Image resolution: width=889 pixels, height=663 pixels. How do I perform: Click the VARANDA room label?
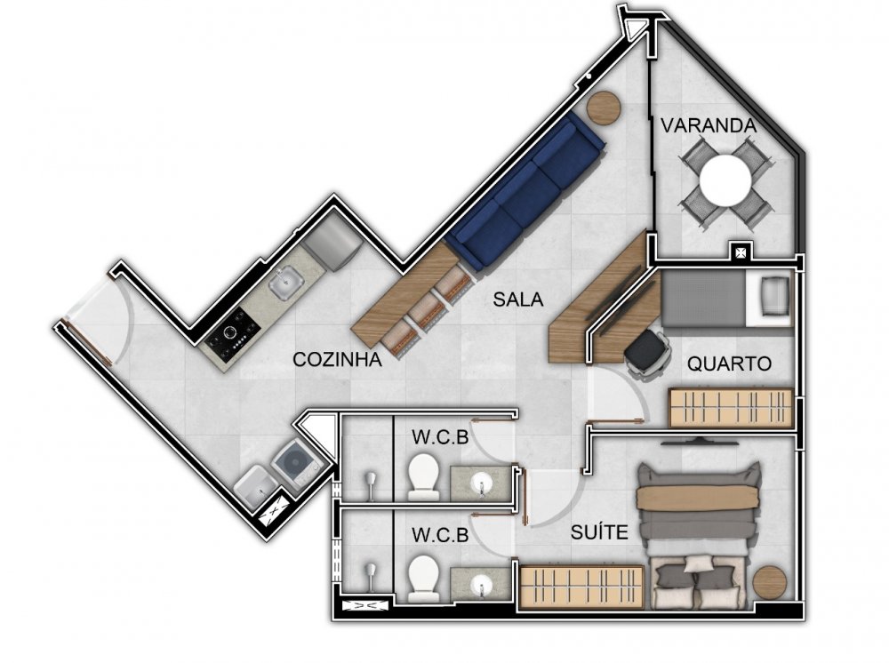click(x=709, y=125)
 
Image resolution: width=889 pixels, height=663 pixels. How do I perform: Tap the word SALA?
click(x=517, y=300)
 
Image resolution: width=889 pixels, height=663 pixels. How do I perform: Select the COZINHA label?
click(x=337, y=359)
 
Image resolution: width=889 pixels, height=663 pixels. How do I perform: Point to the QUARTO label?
click(x=729, y=363)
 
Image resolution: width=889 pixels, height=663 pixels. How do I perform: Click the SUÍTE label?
click(x=599, y=532)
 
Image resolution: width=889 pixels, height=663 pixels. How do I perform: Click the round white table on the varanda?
click(x=725, y=180)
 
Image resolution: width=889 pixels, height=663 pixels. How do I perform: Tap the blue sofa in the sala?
click(x=525, y=191)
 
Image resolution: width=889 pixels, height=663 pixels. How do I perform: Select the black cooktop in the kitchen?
click(x=233, y=335)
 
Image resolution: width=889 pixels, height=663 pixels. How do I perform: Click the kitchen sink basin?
click(x=286, y=283)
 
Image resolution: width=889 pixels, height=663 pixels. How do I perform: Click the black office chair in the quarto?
click(x=647, y=351)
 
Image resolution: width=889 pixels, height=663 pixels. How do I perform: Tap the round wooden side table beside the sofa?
click(x=604, y=108)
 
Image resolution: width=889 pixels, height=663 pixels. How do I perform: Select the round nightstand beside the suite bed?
click(x=770, y=582)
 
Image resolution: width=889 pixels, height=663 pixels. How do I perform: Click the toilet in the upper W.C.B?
click(x=423, y=476)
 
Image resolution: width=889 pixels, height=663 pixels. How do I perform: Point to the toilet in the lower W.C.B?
click(x=423, y=578)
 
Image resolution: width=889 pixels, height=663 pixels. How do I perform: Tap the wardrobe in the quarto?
click(x=731, y=407)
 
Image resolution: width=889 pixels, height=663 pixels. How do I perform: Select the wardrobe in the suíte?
click(x=582, y=587)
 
